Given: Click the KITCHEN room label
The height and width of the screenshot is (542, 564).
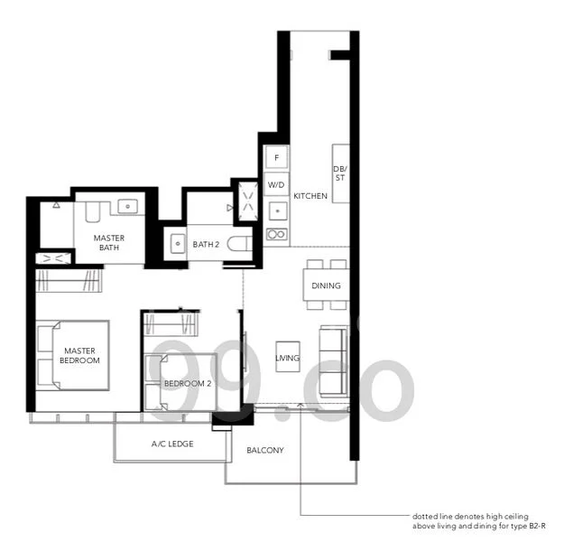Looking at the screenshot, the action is pos(310,196).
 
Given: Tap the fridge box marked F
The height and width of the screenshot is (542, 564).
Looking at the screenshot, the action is pos(277,157).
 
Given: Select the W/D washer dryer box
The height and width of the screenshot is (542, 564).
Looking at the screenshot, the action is pos(276,184).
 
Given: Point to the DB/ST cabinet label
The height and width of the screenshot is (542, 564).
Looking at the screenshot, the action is pos(340,173).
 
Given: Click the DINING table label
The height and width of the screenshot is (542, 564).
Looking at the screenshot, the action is pos(327,285).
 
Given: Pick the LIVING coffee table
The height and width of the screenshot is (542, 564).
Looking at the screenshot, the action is pos(288,357).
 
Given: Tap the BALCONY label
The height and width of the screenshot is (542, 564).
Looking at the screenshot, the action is pos(265,450).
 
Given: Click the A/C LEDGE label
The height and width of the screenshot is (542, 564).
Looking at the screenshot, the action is pos(172,444).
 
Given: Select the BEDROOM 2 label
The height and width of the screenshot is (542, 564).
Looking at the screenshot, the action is pos(188,384).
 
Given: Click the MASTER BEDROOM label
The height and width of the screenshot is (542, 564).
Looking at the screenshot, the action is pos(79,355).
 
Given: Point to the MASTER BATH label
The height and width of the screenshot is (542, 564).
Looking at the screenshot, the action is pos(109,243).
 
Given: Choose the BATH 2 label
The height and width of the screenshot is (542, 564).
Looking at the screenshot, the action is pos(206,244).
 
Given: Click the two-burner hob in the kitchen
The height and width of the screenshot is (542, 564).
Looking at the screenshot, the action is pos(277,235).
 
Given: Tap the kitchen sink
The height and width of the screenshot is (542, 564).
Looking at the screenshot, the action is pos(278,211).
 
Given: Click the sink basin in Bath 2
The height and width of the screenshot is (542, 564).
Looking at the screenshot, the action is pos(178,244).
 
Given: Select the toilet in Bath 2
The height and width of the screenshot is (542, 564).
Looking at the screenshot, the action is pos(240,244).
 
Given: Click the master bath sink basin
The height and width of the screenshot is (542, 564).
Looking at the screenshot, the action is pos(127,207).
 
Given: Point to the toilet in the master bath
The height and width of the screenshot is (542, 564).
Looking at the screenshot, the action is pos(92,211).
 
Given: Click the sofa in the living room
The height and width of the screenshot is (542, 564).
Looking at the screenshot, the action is pos(334,361).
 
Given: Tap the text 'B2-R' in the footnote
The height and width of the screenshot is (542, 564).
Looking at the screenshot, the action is pos(537,526).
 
